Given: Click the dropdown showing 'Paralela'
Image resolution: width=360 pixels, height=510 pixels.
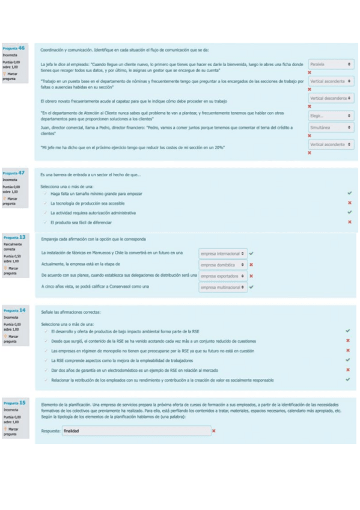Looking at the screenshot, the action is (x=331, y=63).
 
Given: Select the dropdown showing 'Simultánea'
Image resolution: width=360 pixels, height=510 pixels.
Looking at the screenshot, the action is (x=331, y=128).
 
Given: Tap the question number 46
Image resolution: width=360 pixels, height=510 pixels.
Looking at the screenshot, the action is (x=22, y=48).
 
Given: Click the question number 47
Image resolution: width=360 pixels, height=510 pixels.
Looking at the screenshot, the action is (x=22, y=172).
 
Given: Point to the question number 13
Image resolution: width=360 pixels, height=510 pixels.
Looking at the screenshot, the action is (x=22, y=237).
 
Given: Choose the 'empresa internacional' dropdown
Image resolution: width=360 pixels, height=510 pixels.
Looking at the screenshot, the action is (x=222, y=253).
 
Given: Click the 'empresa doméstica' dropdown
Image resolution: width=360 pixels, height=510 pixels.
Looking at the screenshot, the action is (x=222, y=265).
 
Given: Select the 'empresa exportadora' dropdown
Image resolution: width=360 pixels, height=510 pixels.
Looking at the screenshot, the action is (x=222, y=276).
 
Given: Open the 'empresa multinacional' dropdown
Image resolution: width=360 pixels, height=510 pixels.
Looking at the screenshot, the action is (x=222, y=287).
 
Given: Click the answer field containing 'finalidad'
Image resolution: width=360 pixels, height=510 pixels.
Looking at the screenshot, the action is (x=137, y=431).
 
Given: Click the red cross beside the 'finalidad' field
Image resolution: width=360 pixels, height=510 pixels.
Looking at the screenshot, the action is (x=214, y=431).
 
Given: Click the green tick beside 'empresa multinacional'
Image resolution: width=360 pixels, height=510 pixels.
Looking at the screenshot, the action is (x=251, y=287).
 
